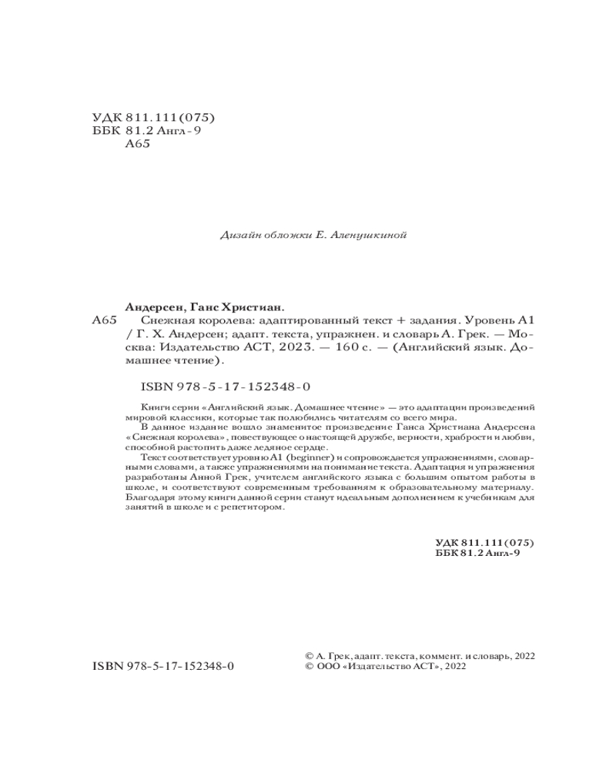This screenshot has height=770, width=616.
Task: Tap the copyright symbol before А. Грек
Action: click(x=310, y=655)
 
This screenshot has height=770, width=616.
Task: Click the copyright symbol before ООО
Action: click(x=310, y=667)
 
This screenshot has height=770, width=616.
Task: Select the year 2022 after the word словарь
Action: click(x=521, y=655)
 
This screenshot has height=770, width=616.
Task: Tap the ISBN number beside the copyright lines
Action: click(x=163, y=667)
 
